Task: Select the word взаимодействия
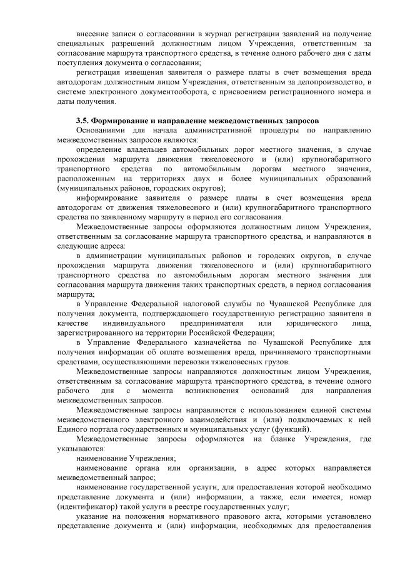[x=202, y=421]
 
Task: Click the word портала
[x=105, y=431]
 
